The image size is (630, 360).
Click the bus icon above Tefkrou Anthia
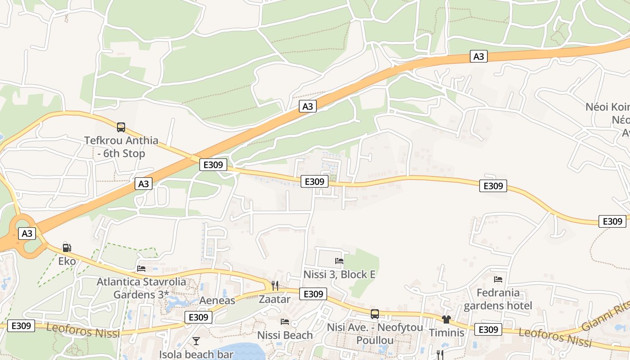click(121, 127)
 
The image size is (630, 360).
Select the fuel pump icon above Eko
click(67, 247)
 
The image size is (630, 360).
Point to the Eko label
click(67, 261)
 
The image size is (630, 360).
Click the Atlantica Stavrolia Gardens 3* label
click(141, 288)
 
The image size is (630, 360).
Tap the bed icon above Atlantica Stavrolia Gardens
click(141, 269)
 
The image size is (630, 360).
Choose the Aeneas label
click(217, 301)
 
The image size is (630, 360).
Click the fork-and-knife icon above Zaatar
click(274, 285)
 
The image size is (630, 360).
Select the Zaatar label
click(274, 299)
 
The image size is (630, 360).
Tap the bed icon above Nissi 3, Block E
click(339, 261)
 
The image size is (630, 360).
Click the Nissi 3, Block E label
click(339, 274)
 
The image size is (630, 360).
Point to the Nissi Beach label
click(285, 335)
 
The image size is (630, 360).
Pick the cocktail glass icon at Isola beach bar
click(196, 341)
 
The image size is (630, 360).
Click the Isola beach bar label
click(196, 354)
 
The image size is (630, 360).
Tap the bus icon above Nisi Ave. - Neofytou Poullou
click(374, 314)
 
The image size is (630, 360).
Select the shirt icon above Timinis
click(446, 319)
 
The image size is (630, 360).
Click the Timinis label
click(446, 333)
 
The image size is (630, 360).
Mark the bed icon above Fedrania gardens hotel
click(498, 279)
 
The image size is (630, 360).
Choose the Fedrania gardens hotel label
click(498, 299)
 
